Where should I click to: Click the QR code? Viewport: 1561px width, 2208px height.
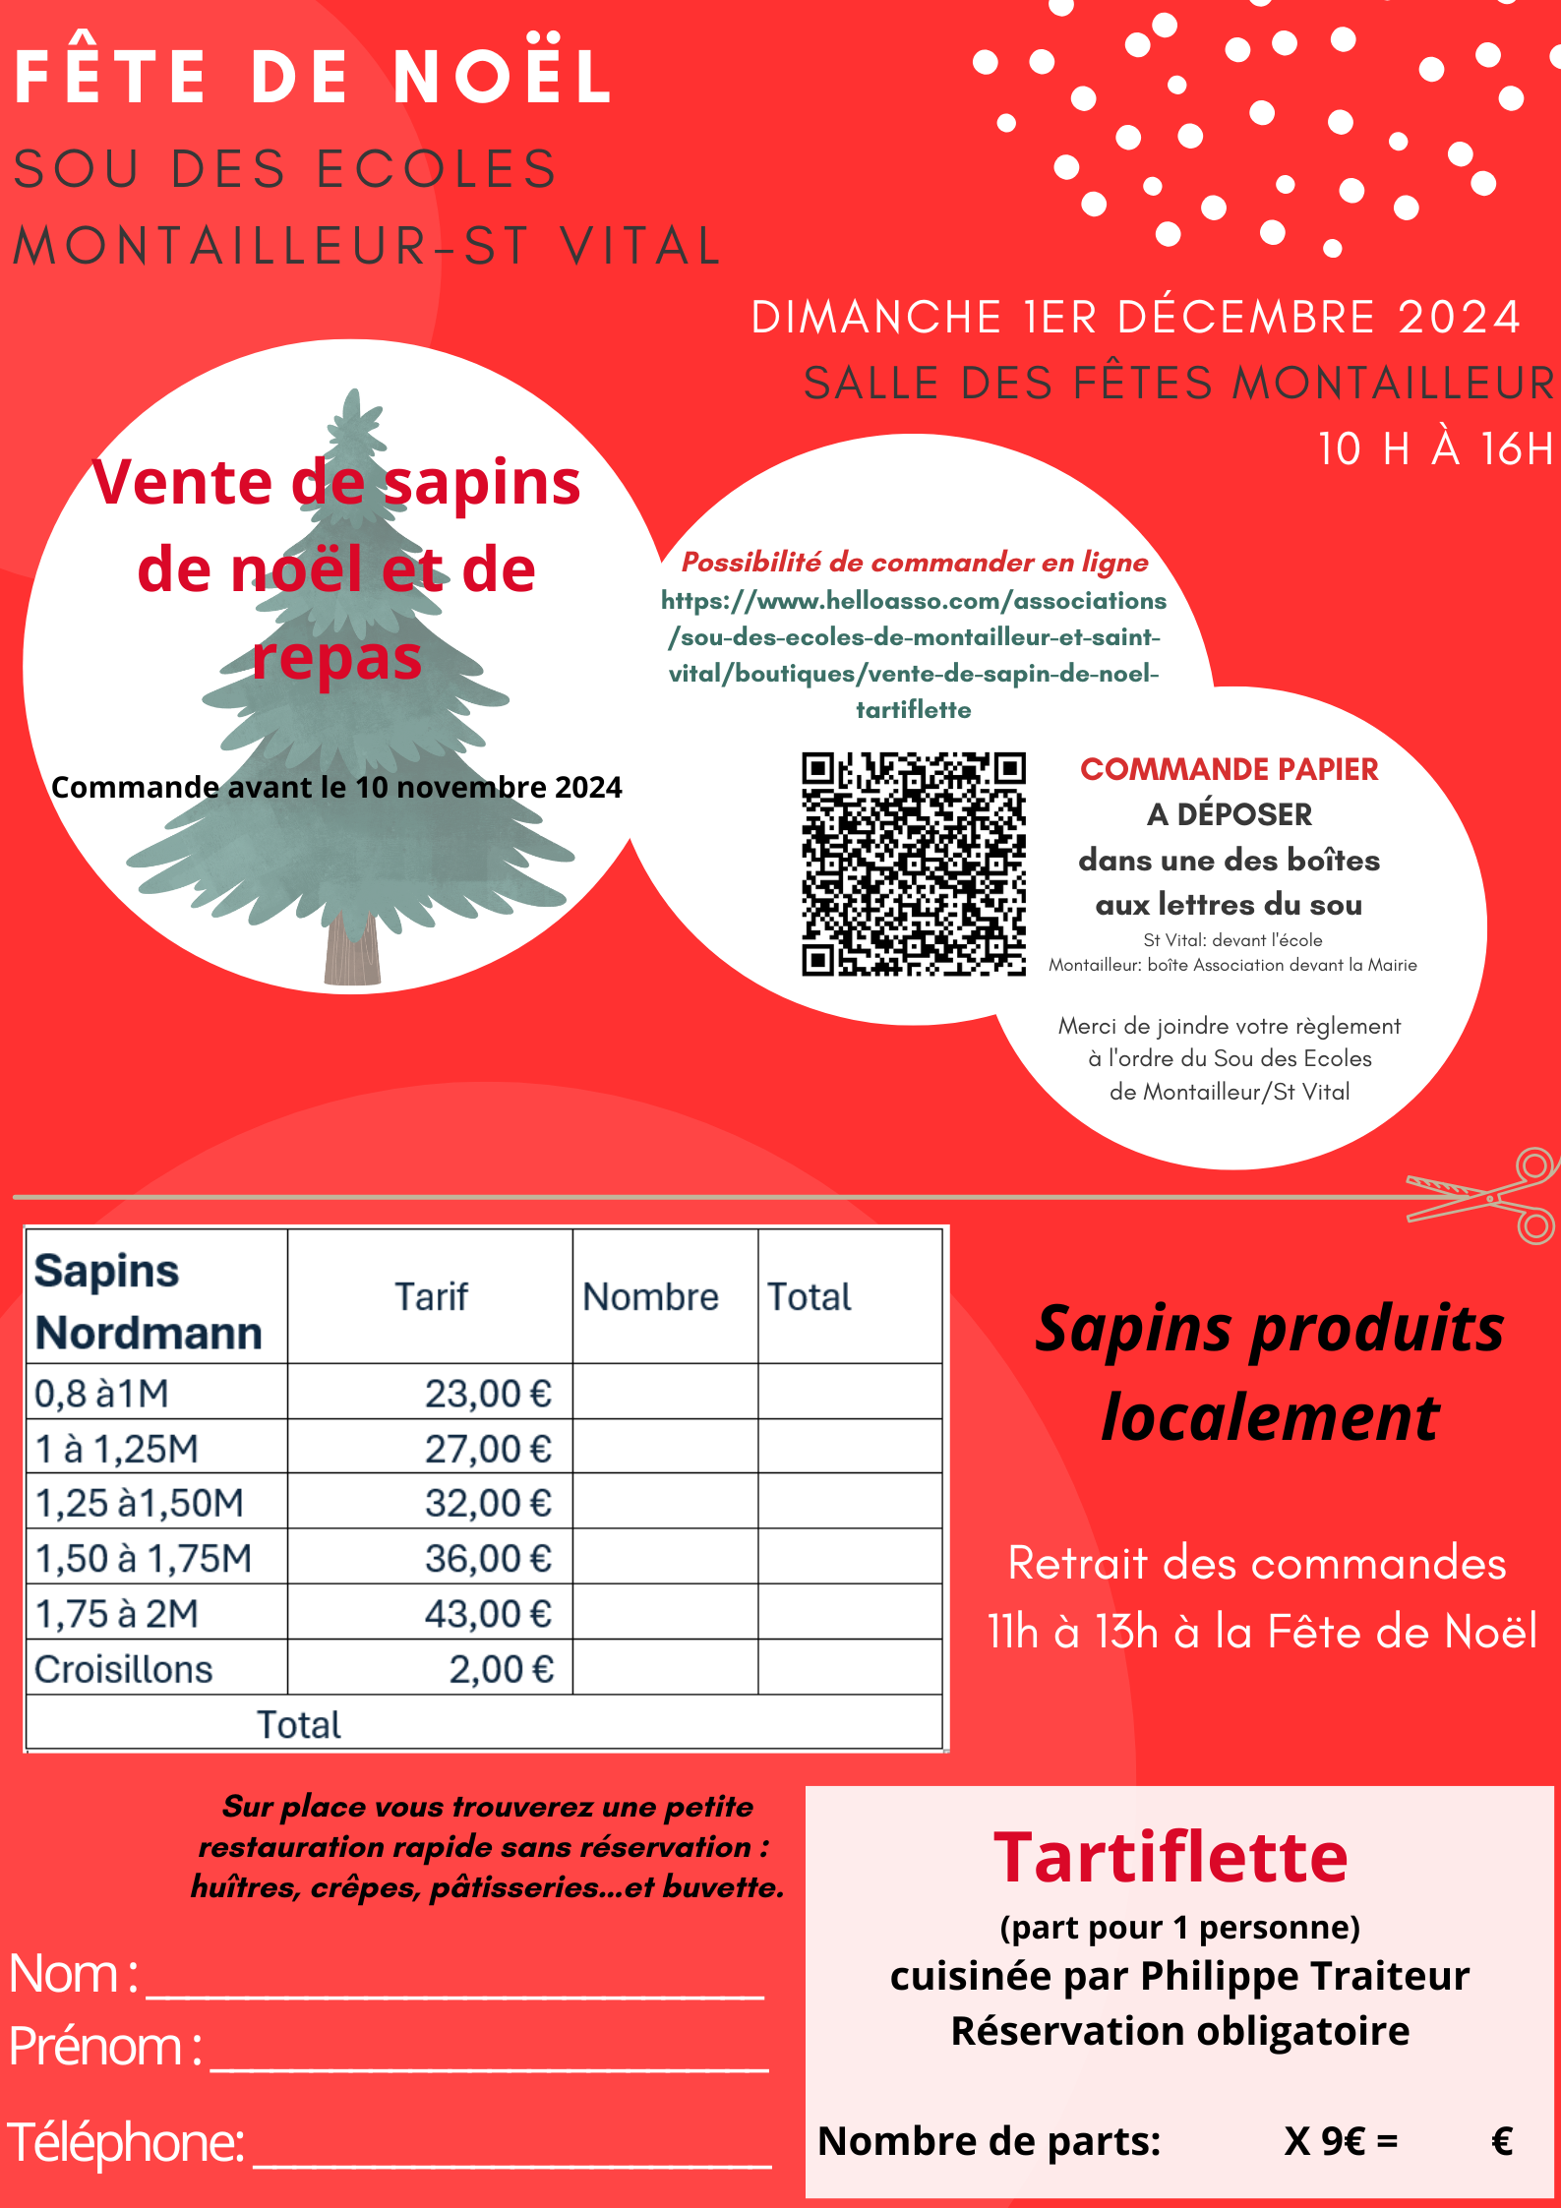point(913,864)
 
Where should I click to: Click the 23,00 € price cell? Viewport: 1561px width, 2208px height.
point(488,1394)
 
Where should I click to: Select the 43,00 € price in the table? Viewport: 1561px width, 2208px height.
point(488,1614)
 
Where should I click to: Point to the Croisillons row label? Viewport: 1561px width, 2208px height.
point(124,1669)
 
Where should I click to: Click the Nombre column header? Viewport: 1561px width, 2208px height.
point(650,1296)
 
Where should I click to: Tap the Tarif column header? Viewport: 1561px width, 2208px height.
point(431,1296)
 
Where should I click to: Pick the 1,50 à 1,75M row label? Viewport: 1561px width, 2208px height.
point(144,1559)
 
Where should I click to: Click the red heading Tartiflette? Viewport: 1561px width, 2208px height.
point(1171,1857)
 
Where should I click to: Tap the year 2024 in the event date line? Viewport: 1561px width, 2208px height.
point(1459,318)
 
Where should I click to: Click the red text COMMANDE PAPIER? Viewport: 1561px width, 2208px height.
point(1229,769)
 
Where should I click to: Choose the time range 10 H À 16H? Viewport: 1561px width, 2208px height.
point(1434,448)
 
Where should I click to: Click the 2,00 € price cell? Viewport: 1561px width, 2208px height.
point(501,1669)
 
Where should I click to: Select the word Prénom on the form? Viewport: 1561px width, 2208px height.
point(96,2047)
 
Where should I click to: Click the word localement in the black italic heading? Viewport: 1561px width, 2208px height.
point(1270,1418)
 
